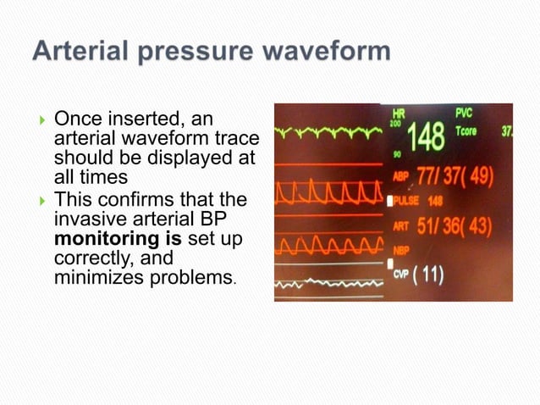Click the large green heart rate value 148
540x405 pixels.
(426, 137)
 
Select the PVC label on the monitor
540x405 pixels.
(464, 113)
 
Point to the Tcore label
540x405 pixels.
(466, 131)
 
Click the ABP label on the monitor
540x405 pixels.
(400, 177)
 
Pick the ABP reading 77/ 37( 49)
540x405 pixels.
(457, 175)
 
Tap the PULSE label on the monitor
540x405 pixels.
(405, 202)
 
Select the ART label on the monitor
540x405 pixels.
(400, 227)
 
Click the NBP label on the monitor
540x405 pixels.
(400, 251)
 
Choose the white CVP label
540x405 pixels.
(401, 276)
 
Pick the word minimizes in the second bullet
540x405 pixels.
(102, 276)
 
